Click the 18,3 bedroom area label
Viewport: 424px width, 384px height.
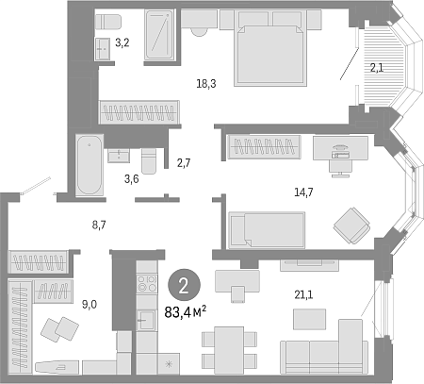[x=206, y=84]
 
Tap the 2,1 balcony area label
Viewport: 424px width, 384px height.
[x=376, y=68]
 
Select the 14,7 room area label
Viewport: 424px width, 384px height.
[x=303, y=192]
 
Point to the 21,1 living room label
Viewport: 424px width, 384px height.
[x=303, y=295]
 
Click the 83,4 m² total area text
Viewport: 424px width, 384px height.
[x=186, y=312]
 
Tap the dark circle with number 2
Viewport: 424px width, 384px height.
[x=184, y=285]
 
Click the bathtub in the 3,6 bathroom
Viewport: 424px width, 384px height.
[x=90, y=165]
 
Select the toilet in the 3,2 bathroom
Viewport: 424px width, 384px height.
[x=108, y=22]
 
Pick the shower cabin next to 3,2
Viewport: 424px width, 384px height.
[x=159, y=35]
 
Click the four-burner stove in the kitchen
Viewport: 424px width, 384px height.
[x=147, y=283]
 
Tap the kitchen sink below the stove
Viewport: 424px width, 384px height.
[x=146, y=320]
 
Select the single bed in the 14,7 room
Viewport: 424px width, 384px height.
[x=267, y=229]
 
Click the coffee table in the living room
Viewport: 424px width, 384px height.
[x=309, y=319]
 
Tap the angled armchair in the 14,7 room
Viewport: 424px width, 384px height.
[x=351, y=225]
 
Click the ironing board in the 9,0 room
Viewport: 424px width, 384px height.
[x=57, y=367]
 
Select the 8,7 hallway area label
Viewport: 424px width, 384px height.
[x=99, y=225]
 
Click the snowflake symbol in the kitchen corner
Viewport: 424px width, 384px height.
[x=169, y=364]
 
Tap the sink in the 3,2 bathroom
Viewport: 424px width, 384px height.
[x=102, y=49]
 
